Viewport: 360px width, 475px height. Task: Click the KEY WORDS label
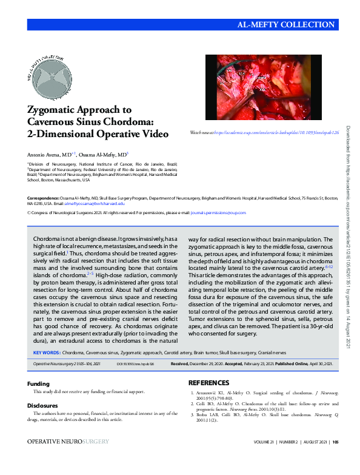click(x=46, y=352)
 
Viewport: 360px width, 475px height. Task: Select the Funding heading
click(x=39, y=383)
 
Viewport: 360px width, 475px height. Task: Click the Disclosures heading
click(x=44, y=406)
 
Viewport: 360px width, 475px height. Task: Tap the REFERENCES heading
click(x=209, y=383)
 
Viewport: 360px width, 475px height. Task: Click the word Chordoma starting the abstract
click(x=50, y=240)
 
